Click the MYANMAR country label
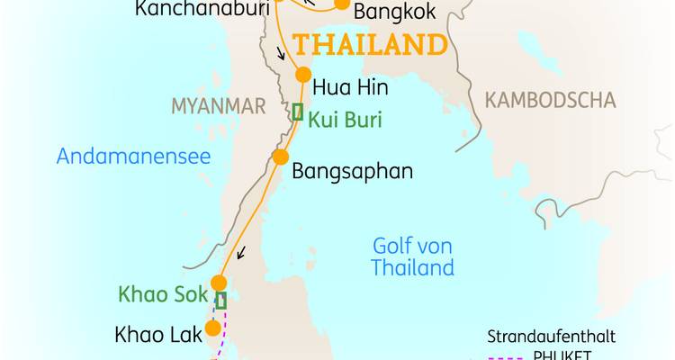tap(219, 106)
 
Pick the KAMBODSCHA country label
tap(550, 100)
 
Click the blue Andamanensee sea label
tap(133, 157)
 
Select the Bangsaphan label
tap(353, 171)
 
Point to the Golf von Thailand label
tap(412, 256)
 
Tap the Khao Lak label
tap(156, 335)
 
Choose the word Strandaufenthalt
tap(551, 337)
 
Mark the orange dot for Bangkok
tap(342, 4)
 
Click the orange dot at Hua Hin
tap(303, 75)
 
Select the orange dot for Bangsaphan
tap(280, 157)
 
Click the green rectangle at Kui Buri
tap(297, 112)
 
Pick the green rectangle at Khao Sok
tap(220, 301)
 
